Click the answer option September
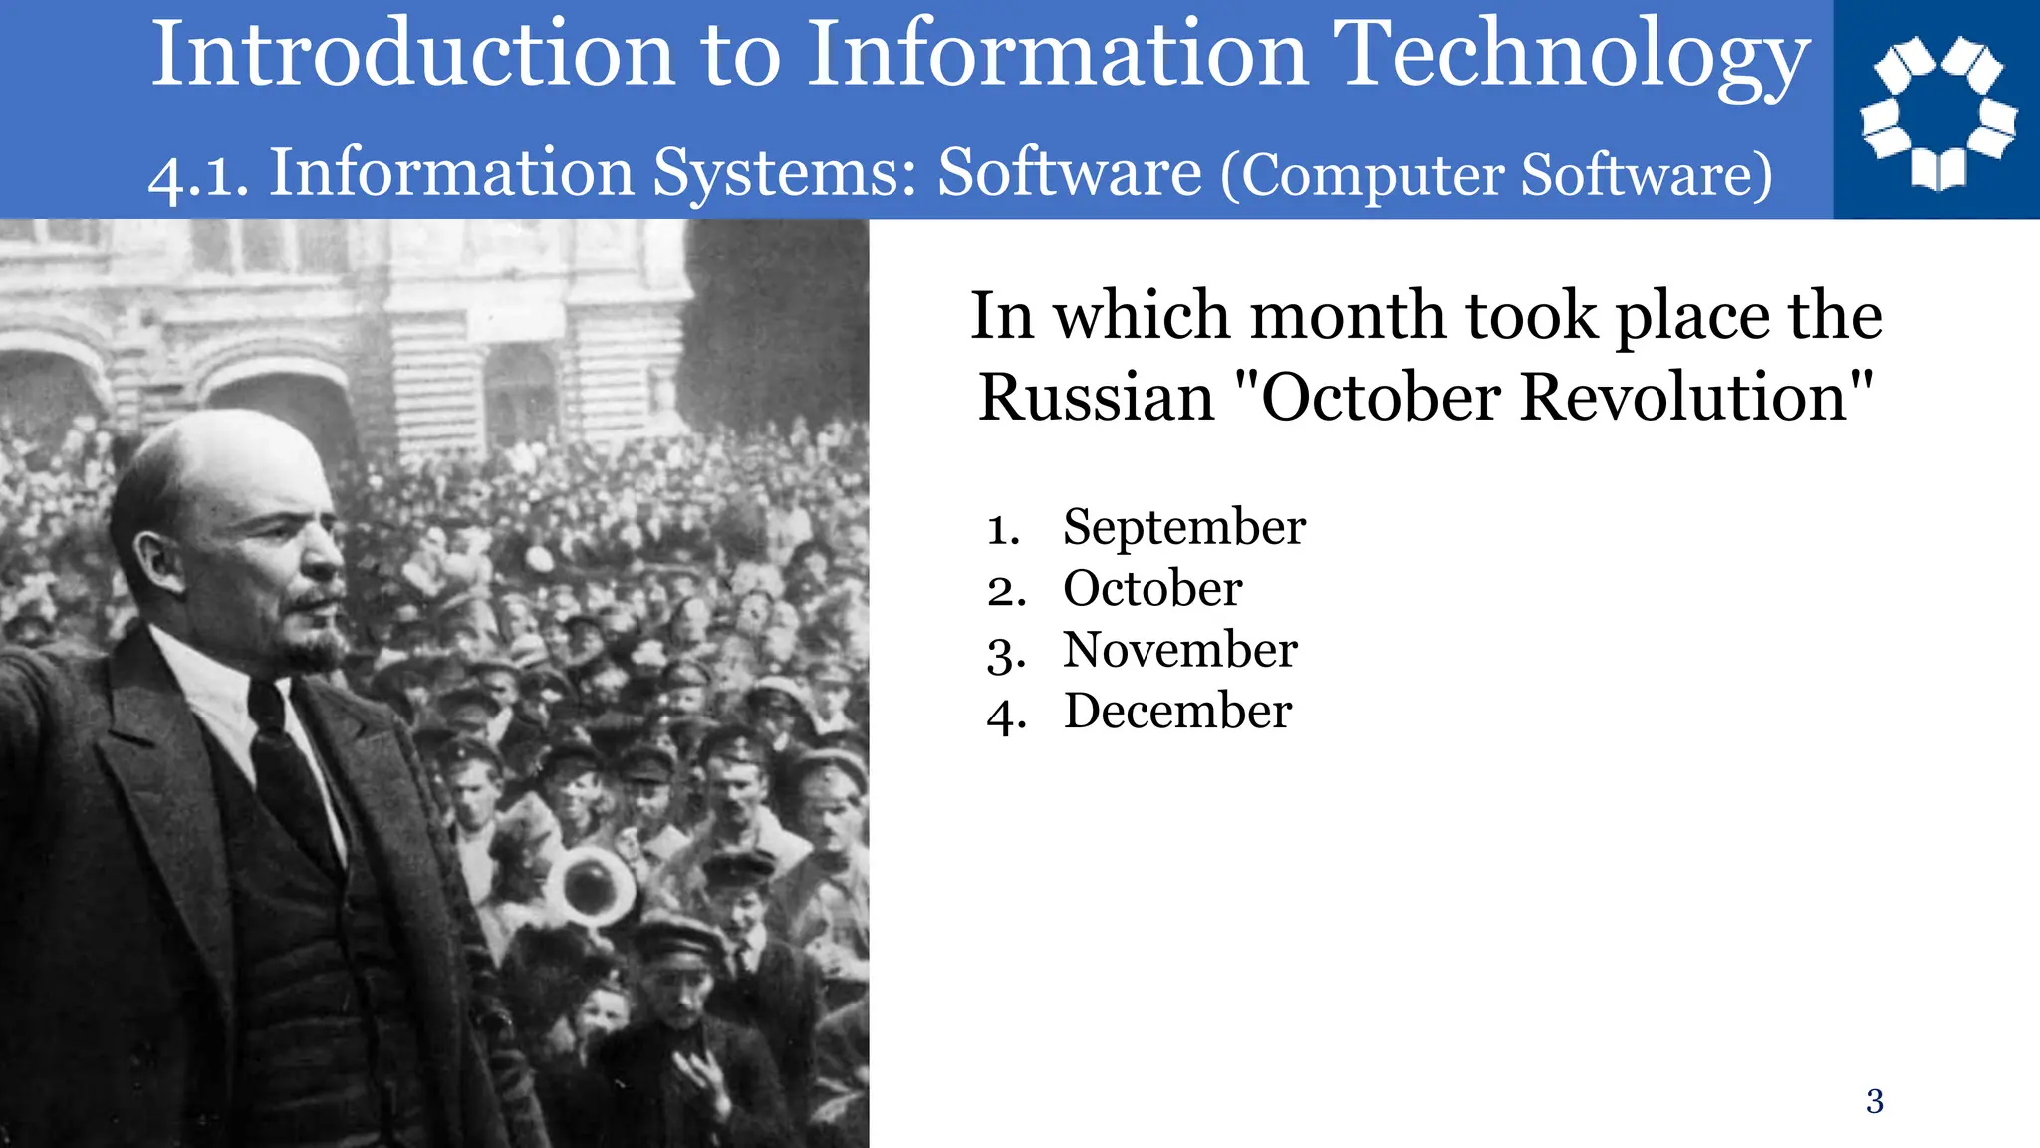click(x=1183, y=527)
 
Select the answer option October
click(x=1152, y=588)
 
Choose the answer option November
click(x=1180, y=650)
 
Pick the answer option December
click(x=1177, y=712)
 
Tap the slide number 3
click(x=1874, y=1101)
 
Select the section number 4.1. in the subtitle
click(x=198, y=175)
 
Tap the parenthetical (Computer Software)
click(x=1497, y=175)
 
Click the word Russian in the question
click(x=1096, y=397)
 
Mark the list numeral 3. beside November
click(x=1006, y=654)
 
